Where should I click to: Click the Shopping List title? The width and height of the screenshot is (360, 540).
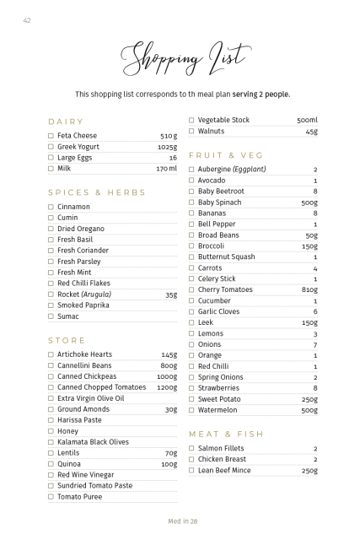tap(184, 58)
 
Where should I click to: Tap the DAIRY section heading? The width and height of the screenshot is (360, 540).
tap(66, 121)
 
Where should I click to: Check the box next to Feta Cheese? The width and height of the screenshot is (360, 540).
tap(51, 136)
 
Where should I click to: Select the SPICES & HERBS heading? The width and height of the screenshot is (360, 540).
tap(91, 192)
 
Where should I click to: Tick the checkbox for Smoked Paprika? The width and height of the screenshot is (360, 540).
tap(51, 305)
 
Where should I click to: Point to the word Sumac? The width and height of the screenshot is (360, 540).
tap(67, 316)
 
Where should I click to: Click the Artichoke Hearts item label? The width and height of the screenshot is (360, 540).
tap(84, 354)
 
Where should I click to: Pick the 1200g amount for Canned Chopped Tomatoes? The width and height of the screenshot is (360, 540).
tap(167, 387)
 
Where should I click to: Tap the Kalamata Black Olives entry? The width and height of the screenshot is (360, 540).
tap(93, 442)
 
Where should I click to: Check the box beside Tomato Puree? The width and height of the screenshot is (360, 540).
tap(51, 497)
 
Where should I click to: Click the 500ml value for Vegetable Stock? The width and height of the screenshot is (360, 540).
tap(307, 121)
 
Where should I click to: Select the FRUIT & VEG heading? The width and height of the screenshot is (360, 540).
tap(226, 155)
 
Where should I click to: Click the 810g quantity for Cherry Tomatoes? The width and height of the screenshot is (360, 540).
tap(309, 290)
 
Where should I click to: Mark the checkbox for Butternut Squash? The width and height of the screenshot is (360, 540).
tap(191, 257)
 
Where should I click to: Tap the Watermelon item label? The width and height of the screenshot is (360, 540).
tap(218, 410)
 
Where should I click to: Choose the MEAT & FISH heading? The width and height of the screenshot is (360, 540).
tap(226, 434)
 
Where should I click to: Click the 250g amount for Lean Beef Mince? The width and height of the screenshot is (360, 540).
tap(309, 470)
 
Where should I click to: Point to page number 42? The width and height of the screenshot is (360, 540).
tap(27, 20)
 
